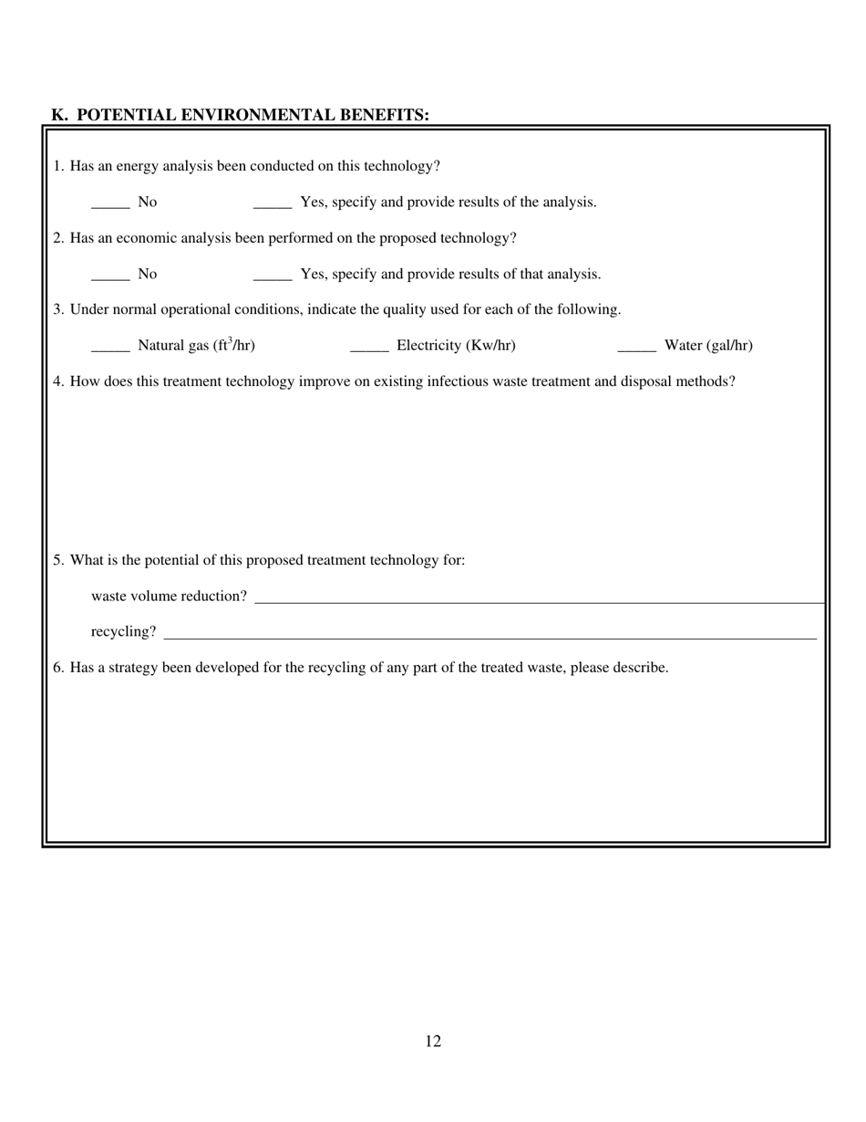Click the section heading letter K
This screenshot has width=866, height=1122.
(58, 115)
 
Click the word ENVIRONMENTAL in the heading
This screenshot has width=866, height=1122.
(259, 115)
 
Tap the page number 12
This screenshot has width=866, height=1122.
(433, 1042)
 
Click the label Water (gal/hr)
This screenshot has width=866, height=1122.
(708, 346)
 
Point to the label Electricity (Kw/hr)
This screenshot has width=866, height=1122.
(456, 346)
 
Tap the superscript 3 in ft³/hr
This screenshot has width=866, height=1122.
(232, 340)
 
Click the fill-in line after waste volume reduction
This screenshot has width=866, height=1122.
(538, 601)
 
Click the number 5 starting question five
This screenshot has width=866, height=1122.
(57, 560)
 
